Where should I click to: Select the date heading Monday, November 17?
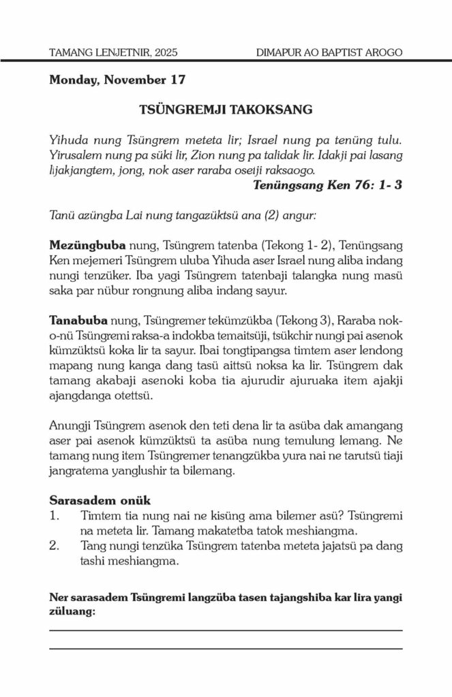[117, 80]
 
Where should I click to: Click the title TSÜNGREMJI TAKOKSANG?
[226, 109]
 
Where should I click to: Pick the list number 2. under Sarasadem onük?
[56, 547]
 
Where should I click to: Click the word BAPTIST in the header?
[342, 52]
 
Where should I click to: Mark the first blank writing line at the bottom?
[226, 630]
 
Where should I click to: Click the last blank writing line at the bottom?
[226, 649]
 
